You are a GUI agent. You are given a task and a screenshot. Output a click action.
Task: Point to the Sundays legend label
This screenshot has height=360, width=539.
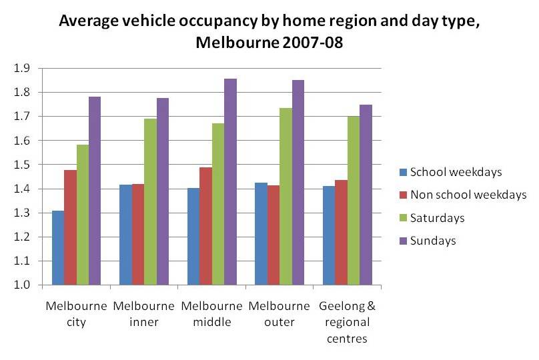[432, 241]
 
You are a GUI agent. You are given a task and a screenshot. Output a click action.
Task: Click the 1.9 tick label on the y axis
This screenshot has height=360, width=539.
[22, 68]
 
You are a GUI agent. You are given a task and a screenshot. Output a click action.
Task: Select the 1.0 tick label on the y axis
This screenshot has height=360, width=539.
[22, 285]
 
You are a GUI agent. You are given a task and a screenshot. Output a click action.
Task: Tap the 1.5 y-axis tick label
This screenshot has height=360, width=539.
[22, 165]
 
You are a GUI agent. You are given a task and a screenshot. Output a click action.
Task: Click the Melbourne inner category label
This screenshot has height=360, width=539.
[143, 314]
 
